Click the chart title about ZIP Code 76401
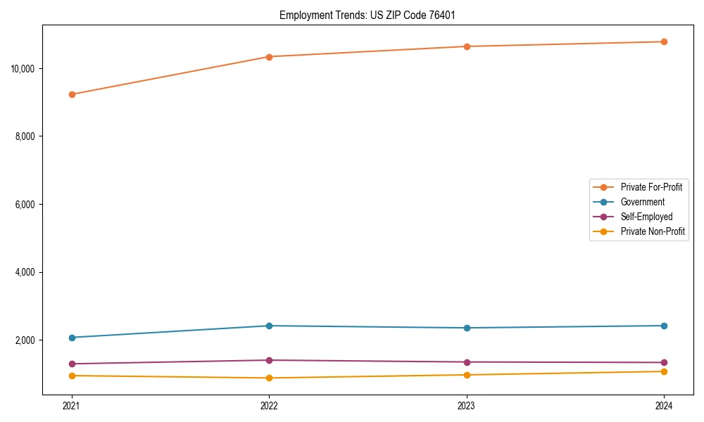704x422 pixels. tap(372, 15)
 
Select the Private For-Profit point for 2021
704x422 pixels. tap(72, 94)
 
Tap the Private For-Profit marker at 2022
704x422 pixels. tap(269, 57)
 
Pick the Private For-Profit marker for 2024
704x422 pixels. tap(664, 41)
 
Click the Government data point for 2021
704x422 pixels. tap(72, 338)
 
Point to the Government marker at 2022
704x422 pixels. tap(269, 326)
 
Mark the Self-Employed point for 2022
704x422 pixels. tap(269, 360)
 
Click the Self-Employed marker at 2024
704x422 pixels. tap(664, 363)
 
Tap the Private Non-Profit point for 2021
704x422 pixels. tap(72, 376)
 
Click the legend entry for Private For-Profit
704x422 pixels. tap(651, 187)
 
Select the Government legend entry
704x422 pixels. tap(642, 202)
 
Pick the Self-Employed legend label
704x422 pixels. tap(646, 217)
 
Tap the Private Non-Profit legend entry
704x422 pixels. tap(653, 231)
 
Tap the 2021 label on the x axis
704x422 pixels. tap(72, 406)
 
